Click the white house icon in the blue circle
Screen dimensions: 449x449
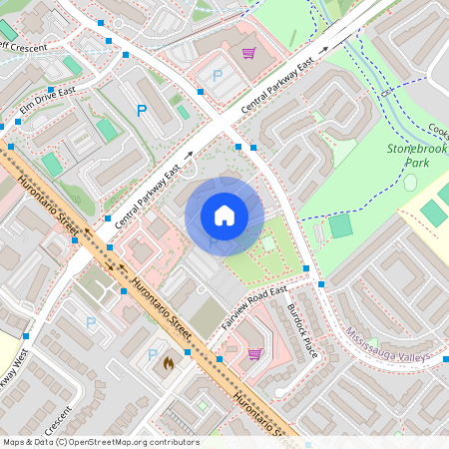(224, 216)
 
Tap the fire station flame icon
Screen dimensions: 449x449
(168, 364)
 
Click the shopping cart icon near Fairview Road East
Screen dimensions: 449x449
(254, 353)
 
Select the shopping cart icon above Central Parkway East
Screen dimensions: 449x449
(248, 53)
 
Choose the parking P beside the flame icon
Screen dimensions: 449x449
(153, 354)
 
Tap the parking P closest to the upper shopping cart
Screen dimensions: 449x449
(217, 75)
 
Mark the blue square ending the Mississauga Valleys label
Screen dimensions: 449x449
(446, 359)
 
